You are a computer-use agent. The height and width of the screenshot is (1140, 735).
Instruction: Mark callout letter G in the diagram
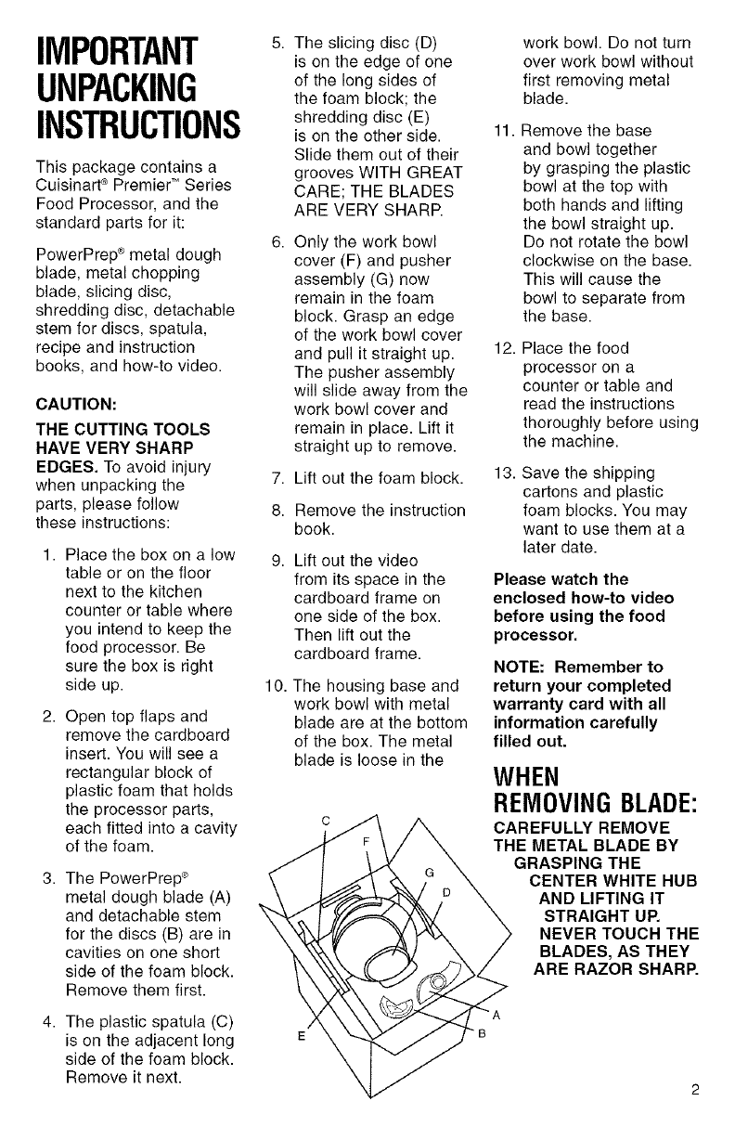click(430, 872)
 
